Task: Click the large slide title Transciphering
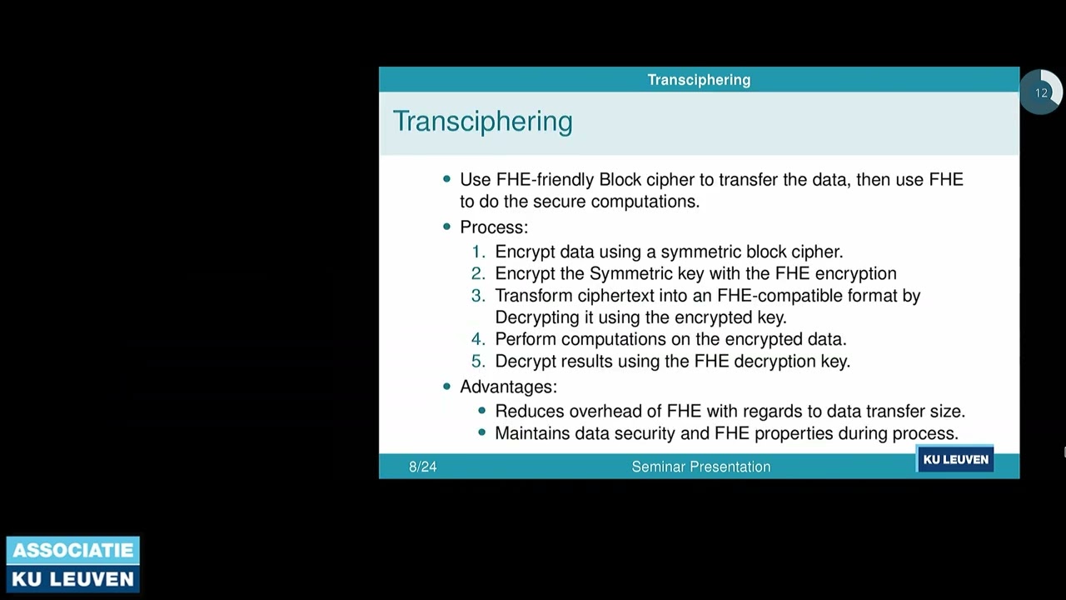click(x=482, y=122)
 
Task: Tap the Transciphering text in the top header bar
click(x=699, y=80)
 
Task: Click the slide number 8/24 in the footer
click(x=422, y=467)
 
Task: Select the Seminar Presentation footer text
click(x=700, y=467)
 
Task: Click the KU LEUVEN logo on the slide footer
click(x=955, y=459)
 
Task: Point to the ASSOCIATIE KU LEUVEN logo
click(x=73, y=564)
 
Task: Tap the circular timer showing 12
click(x=1040, y=92)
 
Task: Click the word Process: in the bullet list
click(x=494, y=227)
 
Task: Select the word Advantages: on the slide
click(x=508, y=387)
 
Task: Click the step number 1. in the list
click(x=478, y=252)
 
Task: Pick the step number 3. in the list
click(x=478, y=296)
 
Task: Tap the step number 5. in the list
click(x=478, y=362)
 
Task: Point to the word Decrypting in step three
click(x=537, y=317)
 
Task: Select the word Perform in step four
click(x=526, y=339)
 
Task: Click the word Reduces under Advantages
click(x=526, y=411)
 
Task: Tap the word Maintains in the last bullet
click(x=531, y=433)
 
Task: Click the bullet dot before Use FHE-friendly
click(x=447, y=179)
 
